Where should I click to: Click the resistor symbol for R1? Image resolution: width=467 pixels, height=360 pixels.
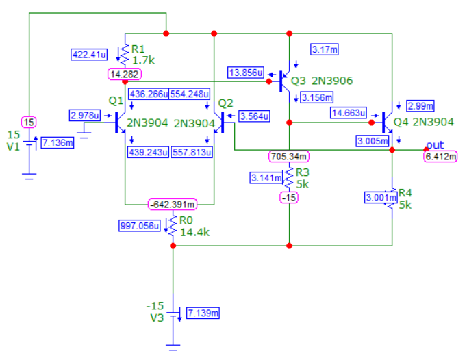(125, 55)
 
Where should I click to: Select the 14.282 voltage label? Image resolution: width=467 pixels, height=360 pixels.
(125, 74)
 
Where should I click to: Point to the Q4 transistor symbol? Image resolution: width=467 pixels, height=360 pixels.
(388, 122)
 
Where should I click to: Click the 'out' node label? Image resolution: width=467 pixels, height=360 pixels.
(435, 145)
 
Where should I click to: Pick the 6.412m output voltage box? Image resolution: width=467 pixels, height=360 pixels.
(440, 156)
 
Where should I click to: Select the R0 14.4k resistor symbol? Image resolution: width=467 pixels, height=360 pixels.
(173, 226)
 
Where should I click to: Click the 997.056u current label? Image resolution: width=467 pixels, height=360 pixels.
(140, 226)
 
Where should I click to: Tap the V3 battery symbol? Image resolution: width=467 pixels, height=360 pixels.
(173, 315)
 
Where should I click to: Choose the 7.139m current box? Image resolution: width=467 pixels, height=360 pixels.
(203, 313)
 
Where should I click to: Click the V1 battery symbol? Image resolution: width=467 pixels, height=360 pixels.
(29, 143)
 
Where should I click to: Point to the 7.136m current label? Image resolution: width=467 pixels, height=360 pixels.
(58, 143)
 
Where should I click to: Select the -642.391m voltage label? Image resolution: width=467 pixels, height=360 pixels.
(173, 205)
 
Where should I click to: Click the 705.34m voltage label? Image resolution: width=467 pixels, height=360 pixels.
(288, 156)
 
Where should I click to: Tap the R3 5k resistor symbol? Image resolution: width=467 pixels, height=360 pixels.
(289, 178)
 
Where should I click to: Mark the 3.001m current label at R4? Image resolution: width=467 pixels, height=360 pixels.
(381, 198)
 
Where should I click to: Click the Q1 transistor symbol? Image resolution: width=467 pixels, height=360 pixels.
(121, 123)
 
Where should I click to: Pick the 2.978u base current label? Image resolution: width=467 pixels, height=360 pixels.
(85, 115)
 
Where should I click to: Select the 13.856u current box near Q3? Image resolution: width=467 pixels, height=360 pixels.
(246, 73)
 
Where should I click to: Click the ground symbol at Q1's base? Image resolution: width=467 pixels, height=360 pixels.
(84, 135)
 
